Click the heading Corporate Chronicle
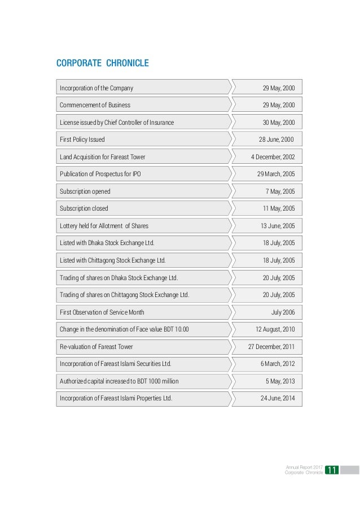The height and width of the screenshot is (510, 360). (x=103, y=63)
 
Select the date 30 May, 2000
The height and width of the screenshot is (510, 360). (x=279, y=122)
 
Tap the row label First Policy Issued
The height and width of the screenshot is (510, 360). (x=82, y=140)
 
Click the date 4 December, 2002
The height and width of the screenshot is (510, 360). (x=273, y=156)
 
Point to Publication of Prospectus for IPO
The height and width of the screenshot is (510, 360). (x=100, y=174)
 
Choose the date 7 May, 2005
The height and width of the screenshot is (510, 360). (x=280, y=191)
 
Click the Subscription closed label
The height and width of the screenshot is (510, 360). (x=84, y=208)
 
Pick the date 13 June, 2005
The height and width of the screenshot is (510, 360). (x=278, y=226)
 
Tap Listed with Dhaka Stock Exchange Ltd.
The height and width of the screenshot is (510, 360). (x=107, y=243)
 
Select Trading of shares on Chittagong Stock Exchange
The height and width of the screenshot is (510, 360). (x=125, y=295)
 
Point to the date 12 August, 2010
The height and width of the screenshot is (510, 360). (x=275, y=329)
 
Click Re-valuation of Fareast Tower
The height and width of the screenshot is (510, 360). (x=96, y=347)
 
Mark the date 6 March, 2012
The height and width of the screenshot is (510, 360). (x=278, y=364)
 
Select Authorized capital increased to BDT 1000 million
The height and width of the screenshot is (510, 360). (x=119, y=381)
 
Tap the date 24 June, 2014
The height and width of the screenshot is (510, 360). (x=278, y=398)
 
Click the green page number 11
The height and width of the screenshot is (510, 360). (x=331, y=470)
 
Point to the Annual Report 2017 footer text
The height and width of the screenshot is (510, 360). (x=304, y=467)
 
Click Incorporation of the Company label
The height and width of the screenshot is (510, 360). (x=96, y=88)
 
